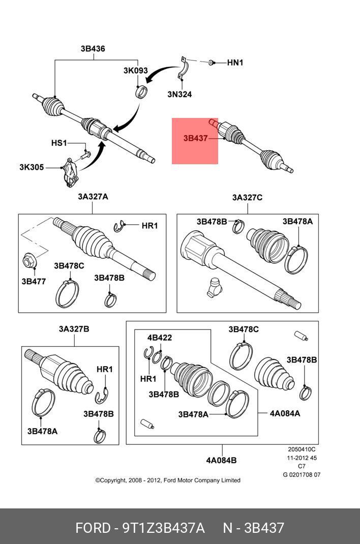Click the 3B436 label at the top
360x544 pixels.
tap(93, 49)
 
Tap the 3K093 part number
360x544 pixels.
tap(136, 71)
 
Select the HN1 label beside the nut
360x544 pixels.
tap(235, 63)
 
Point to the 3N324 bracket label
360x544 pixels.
tap(179, 94)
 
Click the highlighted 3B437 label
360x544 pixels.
tap(196, 138)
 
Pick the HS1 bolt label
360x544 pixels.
tap(59, 143)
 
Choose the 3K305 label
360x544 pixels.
tap(32, 167)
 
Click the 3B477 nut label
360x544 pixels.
tap(33, 281)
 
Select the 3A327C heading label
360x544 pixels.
tap(247, 197)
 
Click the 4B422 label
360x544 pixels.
tap(160, 338)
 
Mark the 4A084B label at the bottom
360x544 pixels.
tap(221, 461)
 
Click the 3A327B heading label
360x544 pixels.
tap(74, 329)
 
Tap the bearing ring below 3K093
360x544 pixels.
tap(142, 92)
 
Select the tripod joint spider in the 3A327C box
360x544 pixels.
tap(213, 288)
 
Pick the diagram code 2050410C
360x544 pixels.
tap(302, 449)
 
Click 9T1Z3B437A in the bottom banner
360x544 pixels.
tap(163, 528)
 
